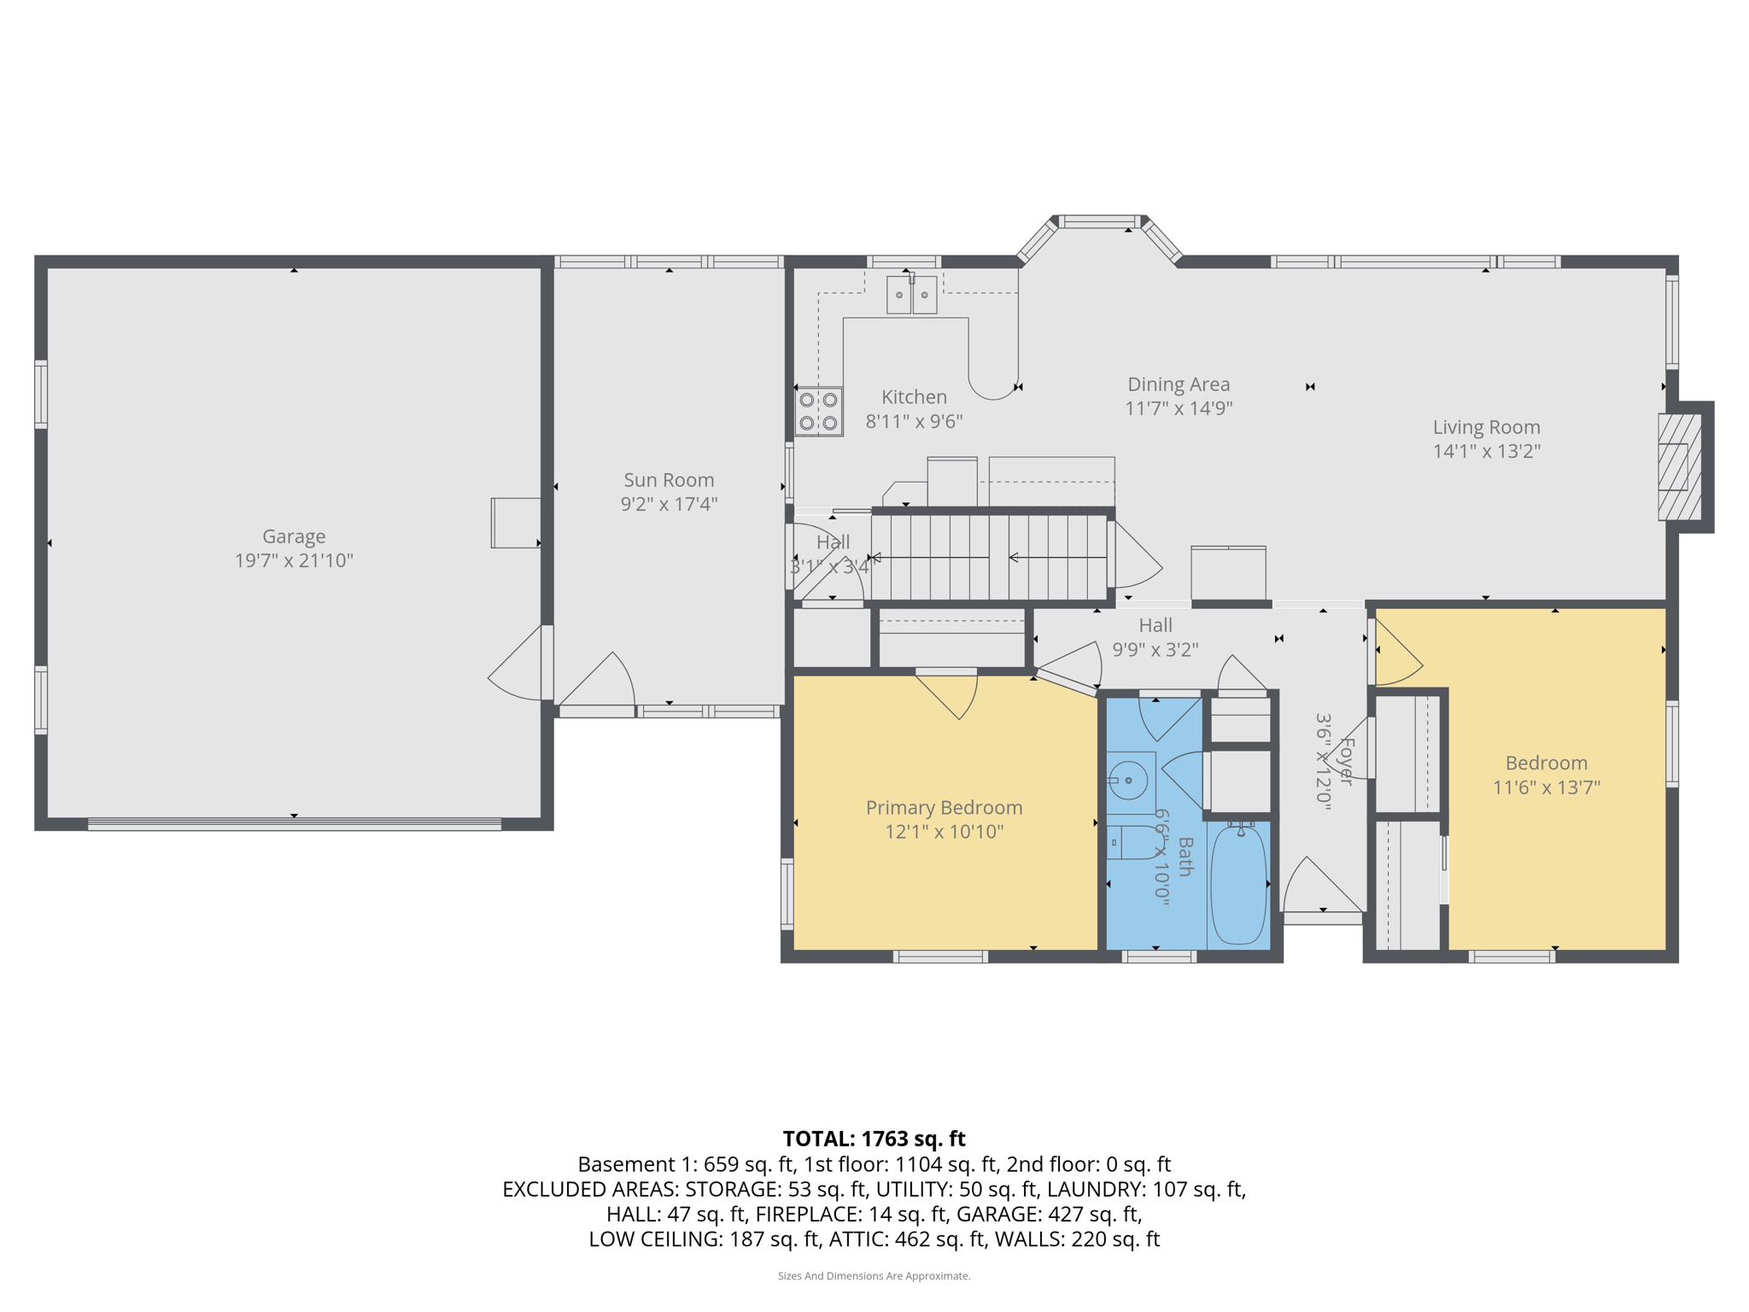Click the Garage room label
(293, 536)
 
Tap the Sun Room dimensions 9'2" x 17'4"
(669, 504)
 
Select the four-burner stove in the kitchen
(818, 412)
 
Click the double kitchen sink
(911, 295)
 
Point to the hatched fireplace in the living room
(1679, 466)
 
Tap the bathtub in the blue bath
(1238, 884)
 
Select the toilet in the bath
(1131, 843)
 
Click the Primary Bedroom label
(944, 807)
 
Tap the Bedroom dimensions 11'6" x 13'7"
(1546, 787)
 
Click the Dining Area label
(1179, 384)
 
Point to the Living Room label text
(1486, 427)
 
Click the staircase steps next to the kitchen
(991, 557)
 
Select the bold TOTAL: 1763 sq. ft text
(874, 1139)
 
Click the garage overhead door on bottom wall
(294, 824)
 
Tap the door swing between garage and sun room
(518, 666)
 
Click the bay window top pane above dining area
(1099, 222)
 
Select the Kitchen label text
(914, 397)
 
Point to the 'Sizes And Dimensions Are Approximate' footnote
(874, 1276)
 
